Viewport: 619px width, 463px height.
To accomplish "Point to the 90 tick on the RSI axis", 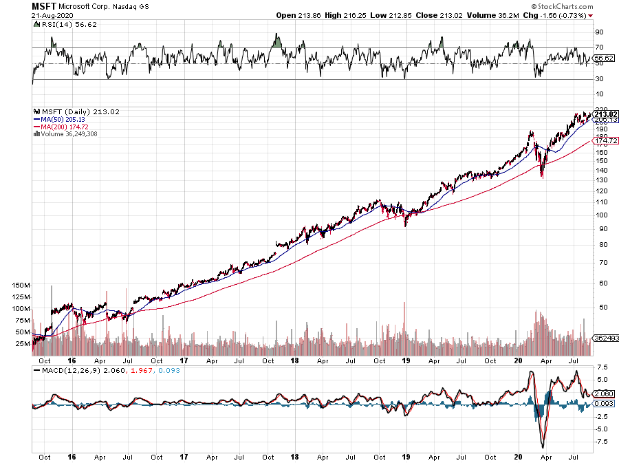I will pyautogui.click(x=599, y=32).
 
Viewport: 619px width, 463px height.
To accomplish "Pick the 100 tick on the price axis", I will pyautogui.click(x=601, y=215).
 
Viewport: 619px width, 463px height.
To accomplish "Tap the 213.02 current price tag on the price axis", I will pyautogui.click(x=606, y=114).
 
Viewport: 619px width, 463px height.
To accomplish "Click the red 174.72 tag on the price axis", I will pyautogui.click(x=606, y=140).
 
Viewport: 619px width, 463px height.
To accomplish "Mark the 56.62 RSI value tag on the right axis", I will pyautogui.click(x=603, y=58).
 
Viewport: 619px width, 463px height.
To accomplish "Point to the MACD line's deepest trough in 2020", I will pyautogui.click(x=543, y=448).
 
